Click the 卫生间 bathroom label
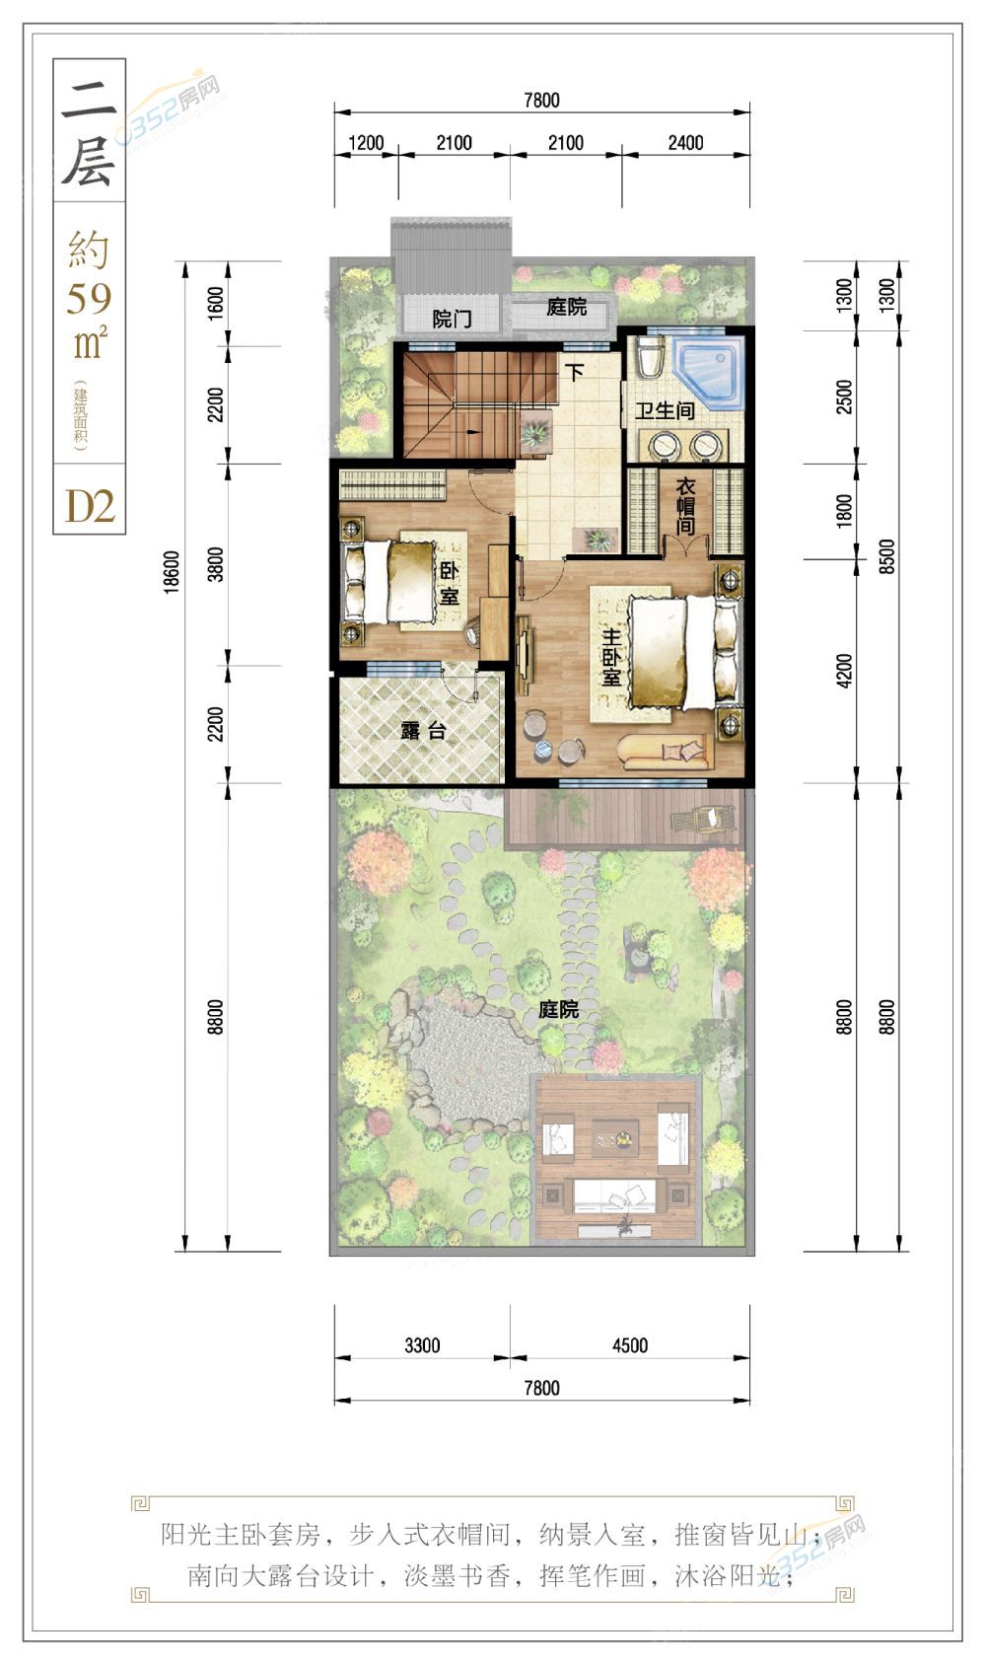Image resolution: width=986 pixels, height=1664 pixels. [665, 410]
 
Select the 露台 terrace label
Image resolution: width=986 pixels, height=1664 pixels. [423, 731]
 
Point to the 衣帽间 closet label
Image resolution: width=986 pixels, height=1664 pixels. [685, 507]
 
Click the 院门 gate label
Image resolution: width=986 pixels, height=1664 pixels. [453, 320]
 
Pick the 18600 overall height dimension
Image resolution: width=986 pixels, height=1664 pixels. [172, 571]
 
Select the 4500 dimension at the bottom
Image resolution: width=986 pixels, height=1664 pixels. [630, 1345]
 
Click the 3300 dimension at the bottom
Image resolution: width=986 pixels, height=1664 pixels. [422, 1345]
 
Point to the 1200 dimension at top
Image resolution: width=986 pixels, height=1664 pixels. [366, 143]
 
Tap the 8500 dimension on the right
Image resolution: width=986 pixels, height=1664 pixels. [886, 556]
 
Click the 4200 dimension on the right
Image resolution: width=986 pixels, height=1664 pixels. [844, 671]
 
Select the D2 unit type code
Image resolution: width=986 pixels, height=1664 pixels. [90, 507]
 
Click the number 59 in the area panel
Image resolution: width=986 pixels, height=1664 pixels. [89, 298]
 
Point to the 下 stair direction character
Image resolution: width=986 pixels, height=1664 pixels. [575, 371]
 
